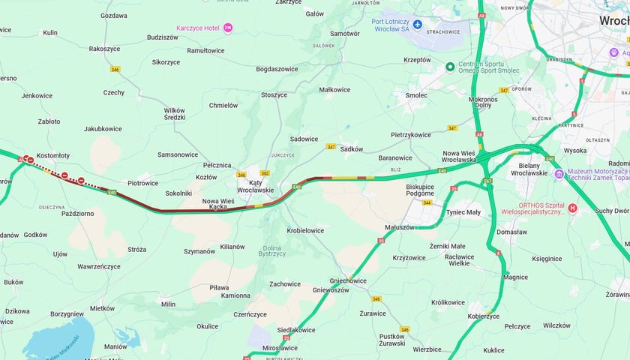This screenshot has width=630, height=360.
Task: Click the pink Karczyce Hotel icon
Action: click(228, 28)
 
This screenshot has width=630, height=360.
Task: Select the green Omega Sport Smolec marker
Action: click(450, 67)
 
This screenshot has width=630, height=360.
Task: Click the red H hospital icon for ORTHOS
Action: click(573, 208)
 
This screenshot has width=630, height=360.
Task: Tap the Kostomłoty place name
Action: click(52, 156)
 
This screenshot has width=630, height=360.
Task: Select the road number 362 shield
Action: click(264, 173)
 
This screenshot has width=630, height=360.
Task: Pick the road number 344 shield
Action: click(427, 202)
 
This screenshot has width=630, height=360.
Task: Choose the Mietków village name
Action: click(102, 308)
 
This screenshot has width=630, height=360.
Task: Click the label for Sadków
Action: click(351, 148)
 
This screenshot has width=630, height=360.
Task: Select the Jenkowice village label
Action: click(37, 96)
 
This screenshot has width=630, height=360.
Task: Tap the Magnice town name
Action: click(515, 277)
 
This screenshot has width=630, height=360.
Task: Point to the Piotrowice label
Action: click(142, 182)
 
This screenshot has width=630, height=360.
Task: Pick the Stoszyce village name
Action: click(274, 95)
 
